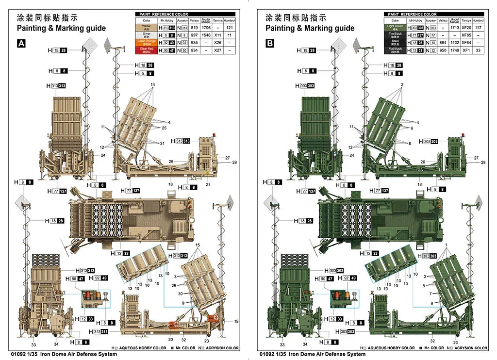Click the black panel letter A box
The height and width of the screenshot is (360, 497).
click(x=21, y=44)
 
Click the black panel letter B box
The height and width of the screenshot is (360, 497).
click(x=270, y=44)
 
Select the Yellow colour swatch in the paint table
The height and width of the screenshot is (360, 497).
click(x=146, y=28)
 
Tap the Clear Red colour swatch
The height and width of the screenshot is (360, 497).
click(x=146, y=50)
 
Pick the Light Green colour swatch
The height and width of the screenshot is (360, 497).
click(x=395, y=28)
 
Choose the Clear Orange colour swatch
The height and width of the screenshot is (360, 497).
click(x=146, y=43)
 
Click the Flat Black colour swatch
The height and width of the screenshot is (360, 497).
click(x=395, y=50)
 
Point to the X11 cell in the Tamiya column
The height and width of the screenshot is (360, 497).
click(x=218, y=35)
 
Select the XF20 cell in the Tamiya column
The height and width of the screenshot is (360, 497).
click(x=466, y=28)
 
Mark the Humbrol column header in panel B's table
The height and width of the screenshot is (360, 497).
click(x=479, y=20)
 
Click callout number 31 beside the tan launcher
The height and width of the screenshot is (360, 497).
click(x=162, y=143)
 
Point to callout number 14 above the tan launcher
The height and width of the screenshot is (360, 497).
click(x=152, y=85)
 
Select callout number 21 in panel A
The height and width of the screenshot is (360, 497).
click(x=207, y=184)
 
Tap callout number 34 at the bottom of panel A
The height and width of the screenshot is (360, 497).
click(x=57, y=344)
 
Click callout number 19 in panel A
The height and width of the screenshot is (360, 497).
click(x=236, y=321)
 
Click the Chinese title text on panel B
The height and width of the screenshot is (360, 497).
click(x=296, y=18)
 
